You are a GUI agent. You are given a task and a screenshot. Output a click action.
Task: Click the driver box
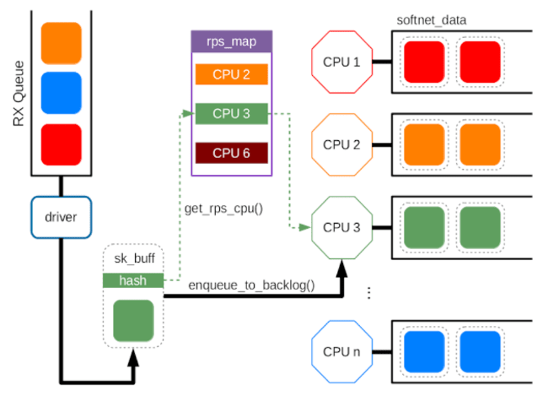click(x=62, y=218)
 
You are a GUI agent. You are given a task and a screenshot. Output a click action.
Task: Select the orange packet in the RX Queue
click(x=62, y=43)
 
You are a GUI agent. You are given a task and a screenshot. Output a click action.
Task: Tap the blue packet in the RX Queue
click(x=62, y=93)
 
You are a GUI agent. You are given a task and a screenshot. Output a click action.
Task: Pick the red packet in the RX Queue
click(x=62, y=144)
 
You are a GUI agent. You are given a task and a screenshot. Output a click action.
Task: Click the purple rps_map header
click(x=232, y=41)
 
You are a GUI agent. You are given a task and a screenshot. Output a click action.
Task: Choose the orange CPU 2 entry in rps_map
click(x=232, y=74)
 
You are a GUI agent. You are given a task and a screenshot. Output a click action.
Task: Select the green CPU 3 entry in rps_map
click(x=232, y=113)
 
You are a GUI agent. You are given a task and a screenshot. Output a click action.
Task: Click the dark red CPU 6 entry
click(x=232, y=153)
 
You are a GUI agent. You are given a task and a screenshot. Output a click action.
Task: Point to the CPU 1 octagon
click(x=341, y=62)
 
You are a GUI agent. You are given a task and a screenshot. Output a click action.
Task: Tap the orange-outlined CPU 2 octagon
click(x=341, y=144)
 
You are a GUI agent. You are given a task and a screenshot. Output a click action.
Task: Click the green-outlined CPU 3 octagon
click(x=341, y=228)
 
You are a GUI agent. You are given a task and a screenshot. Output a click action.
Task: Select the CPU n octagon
click(x=341, y=352)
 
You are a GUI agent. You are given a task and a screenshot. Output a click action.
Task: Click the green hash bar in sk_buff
click(x=133, y=280)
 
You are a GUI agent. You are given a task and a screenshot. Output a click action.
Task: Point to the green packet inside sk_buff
click(x=133, y=320)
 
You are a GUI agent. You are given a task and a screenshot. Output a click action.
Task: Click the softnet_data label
click(x=432, y=20)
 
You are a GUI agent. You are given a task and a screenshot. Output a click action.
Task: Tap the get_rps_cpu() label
click(x=223, y=209)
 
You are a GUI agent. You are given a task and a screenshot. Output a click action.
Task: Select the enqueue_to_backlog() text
click(x=251, y=285)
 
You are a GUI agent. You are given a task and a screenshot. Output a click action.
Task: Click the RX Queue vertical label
click(x=19, y=94)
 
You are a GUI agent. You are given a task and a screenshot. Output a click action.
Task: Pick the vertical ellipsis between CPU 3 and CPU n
click(x=369, y=293)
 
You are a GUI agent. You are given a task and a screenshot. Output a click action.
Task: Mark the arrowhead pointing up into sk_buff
click(x=133, y=357)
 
